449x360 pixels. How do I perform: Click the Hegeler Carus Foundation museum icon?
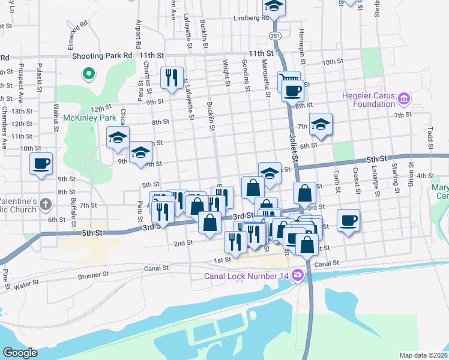[x=403, y=98]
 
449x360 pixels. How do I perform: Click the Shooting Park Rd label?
[x=101, y=55]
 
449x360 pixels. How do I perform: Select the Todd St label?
[x=430, y=138]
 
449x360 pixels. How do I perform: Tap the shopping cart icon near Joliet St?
[x=289, y=80]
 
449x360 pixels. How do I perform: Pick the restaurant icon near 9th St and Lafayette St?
[x=172, y=78]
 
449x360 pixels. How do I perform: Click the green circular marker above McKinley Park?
[x=88, y=74]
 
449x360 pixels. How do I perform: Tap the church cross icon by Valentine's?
[x=46, y=205]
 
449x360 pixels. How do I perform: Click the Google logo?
[x=20, y=353]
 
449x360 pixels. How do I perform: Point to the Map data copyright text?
[x=423, y=355]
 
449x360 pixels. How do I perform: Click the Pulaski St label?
[x=40, y=77]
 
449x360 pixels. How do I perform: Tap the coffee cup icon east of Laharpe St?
[x=348, y=220]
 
